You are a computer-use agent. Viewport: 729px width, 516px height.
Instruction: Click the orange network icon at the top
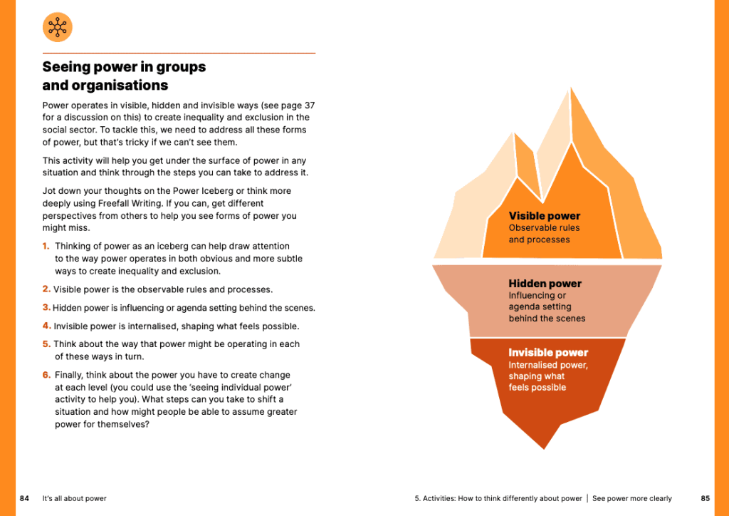(x=57, y=27)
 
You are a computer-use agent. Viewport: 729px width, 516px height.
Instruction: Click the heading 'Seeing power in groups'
(x=124, y=67)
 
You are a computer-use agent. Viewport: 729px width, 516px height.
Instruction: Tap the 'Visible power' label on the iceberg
(x=544, y=216)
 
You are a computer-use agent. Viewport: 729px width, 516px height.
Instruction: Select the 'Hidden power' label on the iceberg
(x=545, y=284)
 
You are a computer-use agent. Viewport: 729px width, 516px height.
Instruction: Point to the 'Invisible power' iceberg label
(x=548, y=353)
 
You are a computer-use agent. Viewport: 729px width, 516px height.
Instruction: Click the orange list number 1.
(x=46, y=247)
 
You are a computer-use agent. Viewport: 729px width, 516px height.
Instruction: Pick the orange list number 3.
(x=46, y=308)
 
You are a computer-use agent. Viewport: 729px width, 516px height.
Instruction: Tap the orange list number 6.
(x=46, y=375)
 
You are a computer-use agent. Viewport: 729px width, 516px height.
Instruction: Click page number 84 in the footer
(x=24, y=498)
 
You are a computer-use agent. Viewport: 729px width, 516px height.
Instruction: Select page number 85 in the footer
(x=705, y=498)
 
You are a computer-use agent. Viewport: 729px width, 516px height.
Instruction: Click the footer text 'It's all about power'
(x=75, y=498)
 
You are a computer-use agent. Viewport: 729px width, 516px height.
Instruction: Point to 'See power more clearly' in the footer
(x=631, y=498)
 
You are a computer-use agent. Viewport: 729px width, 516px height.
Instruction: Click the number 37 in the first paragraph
(x=310, y=105)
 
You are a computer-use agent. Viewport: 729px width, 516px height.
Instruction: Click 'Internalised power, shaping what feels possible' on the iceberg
(x=547, y=376)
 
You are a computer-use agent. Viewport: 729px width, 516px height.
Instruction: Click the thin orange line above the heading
(x=179, y=53)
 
